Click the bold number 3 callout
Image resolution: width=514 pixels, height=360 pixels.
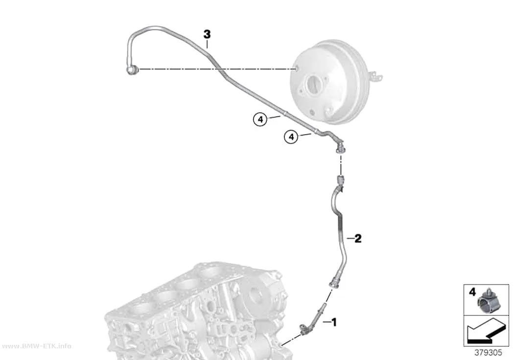pyautogui.click(x=207, y=34)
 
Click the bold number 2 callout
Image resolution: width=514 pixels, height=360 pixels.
pyautogui.click(x=358, y=239)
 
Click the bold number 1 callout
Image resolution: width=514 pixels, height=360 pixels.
pyautogui.click(x=334, y=322)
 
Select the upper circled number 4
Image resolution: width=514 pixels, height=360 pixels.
pyautogui.click(x=260, y=120)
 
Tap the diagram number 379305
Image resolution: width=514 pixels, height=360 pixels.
pyautogui.click(x=488, y=353)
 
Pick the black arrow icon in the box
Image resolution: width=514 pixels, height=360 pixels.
pyautogui.click(x=486, y=332)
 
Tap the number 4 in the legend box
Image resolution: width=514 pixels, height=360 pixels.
pyautogui.click(x=472, y=292)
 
